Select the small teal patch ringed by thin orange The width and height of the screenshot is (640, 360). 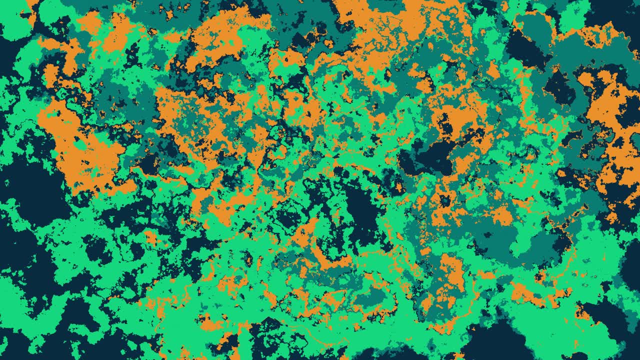tap(370, 297)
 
